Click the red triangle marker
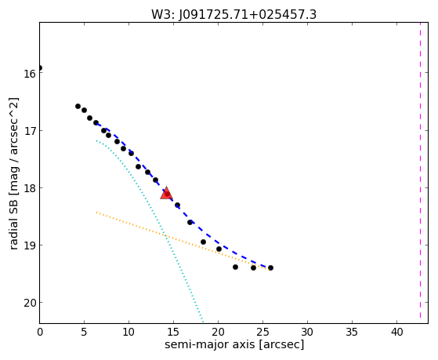tap(166, 193)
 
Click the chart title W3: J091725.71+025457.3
tap(233, 15)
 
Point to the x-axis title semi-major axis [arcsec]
tap(234, 344)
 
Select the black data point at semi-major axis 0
tap(40, 67)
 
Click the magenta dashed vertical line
tap(420, 173)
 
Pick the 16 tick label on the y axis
tap(29, 74)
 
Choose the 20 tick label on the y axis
tap(29, 303)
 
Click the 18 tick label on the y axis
tap(29, 188)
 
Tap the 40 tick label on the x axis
tap(396, 333)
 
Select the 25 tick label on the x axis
tap(262, 333)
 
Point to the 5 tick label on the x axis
tap(84, 333)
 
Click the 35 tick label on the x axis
tap(352, 333)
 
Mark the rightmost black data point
tap(270, 267)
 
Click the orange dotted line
tap(183, 241)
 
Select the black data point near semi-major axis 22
tap(235, 267)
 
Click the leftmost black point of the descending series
tap(78, 107)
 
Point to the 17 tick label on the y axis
tap(29, 131)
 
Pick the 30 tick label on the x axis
tap(307, 333)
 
